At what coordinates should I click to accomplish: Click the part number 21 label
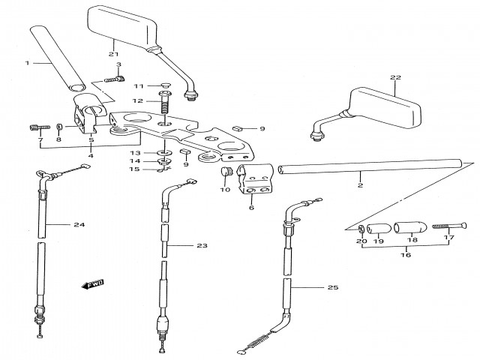click(113, 54)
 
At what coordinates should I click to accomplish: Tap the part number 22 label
click(396, 78)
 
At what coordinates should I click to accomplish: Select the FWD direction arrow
click(92, 284)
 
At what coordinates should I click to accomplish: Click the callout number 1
click(28, 63)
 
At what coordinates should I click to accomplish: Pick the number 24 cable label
click(79, 224)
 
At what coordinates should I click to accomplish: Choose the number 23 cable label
click(201, 245)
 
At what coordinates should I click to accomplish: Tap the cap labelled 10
click(223, 174)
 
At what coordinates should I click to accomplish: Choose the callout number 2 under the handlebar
click(360, 184)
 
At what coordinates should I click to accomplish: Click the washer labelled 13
click(164, 153)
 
